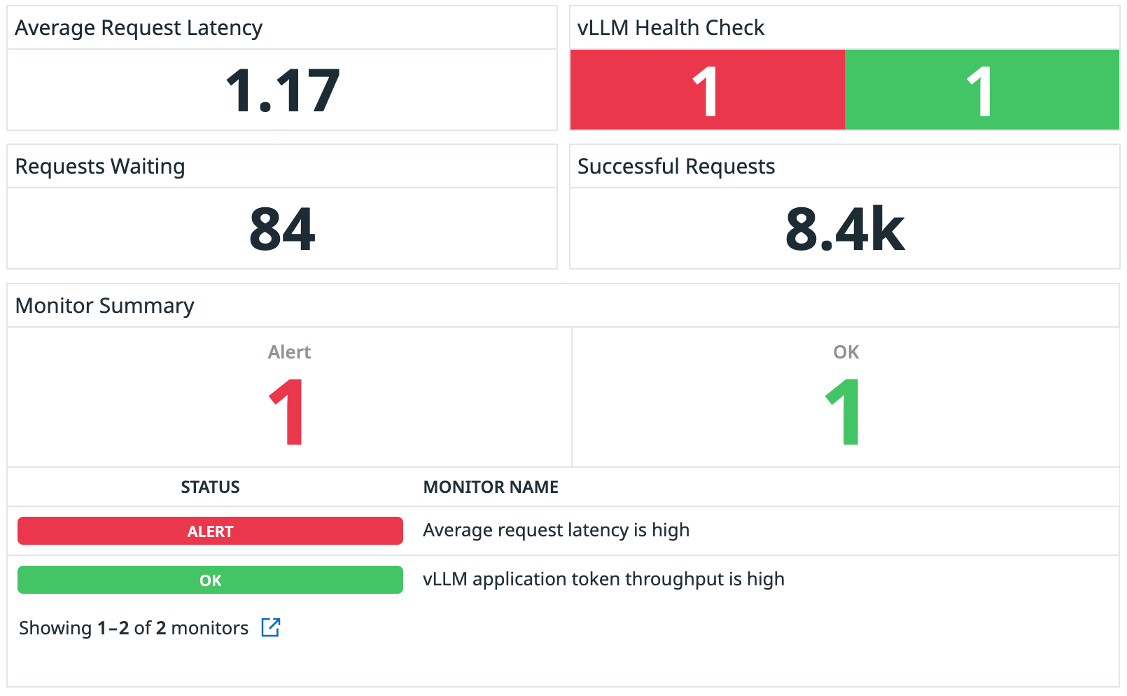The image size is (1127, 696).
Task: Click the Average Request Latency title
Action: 139,28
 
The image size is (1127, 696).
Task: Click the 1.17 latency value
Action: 282,91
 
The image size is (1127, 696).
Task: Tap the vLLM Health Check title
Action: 670,28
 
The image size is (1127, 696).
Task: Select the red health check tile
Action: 707,90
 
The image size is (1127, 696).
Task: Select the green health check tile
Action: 981,90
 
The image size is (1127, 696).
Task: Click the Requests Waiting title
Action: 100,167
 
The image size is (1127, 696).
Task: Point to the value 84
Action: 282,230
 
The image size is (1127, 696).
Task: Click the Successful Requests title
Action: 675,167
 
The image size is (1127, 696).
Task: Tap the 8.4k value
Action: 844,230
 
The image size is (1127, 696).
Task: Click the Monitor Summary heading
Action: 105,306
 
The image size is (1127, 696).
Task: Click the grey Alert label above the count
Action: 289,352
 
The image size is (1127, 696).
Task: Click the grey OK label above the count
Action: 846,352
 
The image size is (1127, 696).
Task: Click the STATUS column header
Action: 210,487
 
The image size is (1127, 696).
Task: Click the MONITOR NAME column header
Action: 491,487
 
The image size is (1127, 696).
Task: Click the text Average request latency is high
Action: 556,530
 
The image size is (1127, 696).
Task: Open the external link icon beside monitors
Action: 271,627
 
